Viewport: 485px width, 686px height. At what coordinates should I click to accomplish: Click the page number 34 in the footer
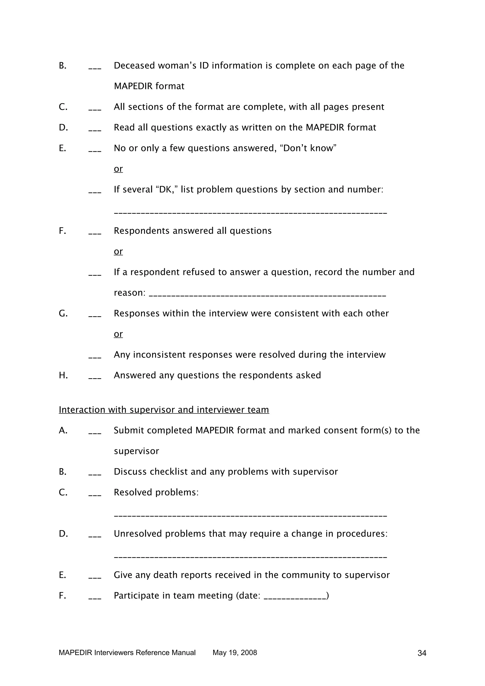tap(422, 653)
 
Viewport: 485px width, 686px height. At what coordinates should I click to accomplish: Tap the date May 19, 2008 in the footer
tap(235, 653)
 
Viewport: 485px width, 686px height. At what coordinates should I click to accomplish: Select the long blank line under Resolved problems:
tap(250, 516)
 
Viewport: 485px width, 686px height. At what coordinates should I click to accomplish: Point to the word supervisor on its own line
tap(136, 451)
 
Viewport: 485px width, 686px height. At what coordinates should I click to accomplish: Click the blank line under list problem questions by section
tap(250, 213)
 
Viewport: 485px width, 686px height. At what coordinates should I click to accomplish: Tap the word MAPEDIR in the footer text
tap(75, 653)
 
